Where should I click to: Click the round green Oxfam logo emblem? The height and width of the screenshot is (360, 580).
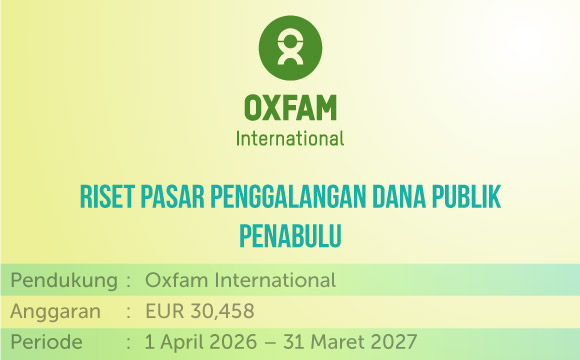[290, 48]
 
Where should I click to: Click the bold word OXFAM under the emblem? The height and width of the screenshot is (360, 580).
[290, 108]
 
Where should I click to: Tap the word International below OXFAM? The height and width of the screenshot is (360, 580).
[290, 139]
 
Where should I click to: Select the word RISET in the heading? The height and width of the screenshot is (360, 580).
[107, 196]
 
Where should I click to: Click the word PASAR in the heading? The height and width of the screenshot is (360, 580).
[172, 196]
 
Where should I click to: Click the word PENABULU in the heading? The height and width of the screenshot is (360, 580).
[290, 235]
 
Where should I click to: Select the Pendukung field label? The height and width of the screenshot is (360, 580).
[64, 280]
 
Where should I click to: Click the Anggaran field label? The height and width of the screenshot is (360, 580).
[55, 312]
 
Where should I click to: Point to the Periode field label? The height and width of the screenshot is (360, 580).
[46, 342]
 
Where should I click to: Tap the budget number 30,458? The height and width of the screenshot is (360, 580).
[222, 311]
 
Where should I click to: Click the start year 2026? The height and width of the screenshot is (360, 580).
[233, 342]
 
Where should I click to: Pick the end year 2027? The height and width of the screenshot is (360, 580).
[393, 342]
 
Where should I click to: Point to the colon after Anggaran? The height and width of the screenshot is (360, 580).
[128, 312]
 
